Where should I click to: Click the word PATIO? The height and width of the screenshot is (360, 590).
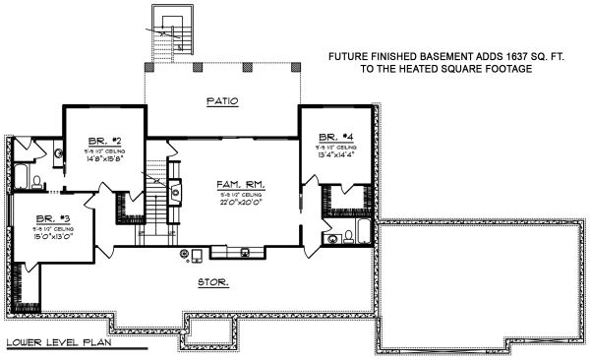click(221, 101)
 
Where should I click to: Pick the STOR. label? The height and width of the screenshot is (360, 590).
click(213, 282)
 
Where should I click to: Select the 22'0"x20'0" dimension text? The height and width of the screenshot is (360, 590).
click(242, 204)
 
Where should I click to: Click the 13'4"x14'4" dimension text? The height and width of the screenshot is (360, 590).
click(334, 154)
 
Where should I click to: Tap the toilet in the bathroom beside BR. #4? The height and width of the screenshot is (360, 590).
click(348, 236)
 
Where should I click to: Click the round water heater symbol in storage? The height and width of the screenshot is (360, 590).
click(183, 253)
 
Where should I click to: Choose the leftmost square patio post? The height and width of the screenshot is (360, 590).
click(147, 70)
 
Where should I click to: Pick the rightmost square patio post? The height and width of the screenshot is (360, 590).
click(298, 70)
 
